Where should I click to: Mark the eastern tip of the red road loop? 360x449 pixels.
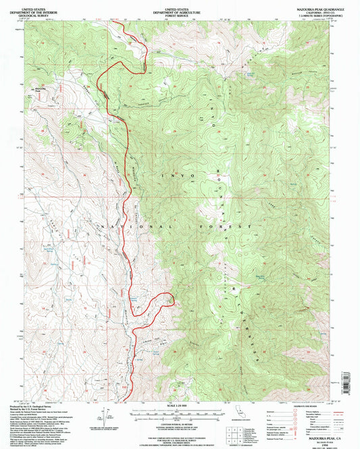pos(176,298)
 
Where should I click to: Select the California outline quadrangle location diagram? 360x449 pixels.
pos(241,414)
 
